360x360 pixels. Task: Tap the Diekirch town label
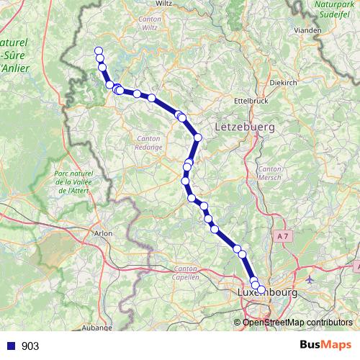click(282, 83)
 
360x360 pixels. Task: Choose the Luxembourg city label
click(267, 293)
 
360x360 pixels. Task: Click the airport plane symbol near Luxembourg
click(310, 279)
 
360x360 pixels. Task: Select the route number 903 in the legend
click(30, 346)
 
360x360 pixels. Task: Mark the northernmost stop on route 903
click(99, 50)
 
